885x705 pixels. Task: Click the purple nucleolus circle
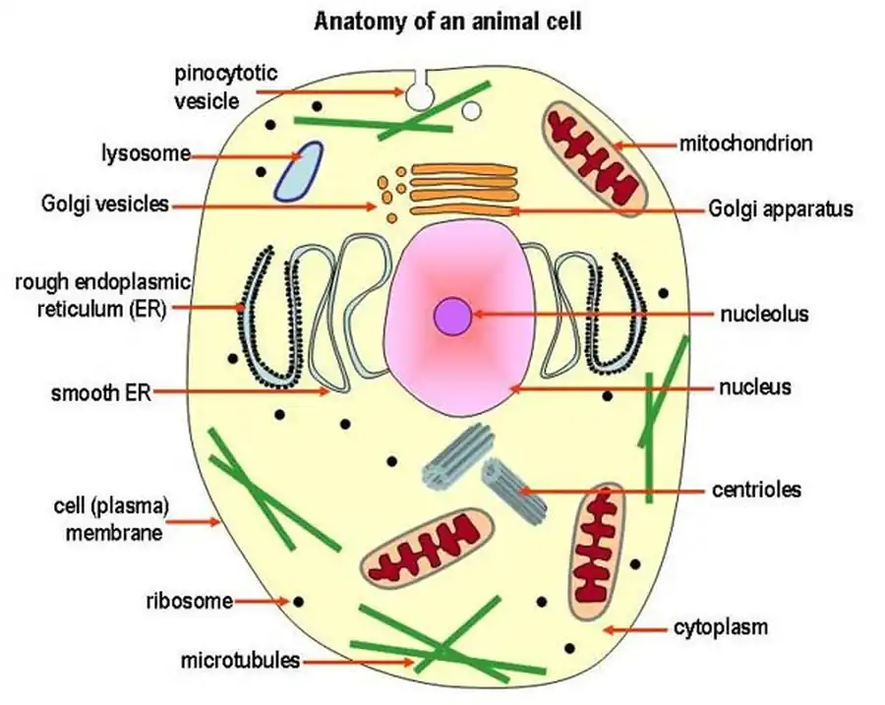click(x=452, y=316)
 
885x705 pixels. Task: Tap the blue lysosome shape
click(x=298, y=170)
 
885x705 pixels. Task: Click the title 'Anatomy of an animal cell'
click(x=447, y=21)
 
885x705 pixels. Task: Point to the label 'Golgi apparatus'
click(x=780, y=208)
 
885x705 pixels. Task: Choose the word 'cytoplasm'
click(x=720, y=626)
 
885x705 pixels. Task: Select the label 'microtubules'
click(x=239, y=660)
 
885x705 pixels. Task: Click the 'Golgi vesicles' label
click(x=105, y=204)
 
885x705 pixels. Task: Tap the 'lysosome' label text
click(x=145, y=154)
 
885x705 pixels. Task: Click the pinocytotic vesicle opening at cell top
click(x=420, y=91)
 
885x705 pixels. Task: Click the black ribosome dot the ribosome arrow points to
click(x=297, y=600)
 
